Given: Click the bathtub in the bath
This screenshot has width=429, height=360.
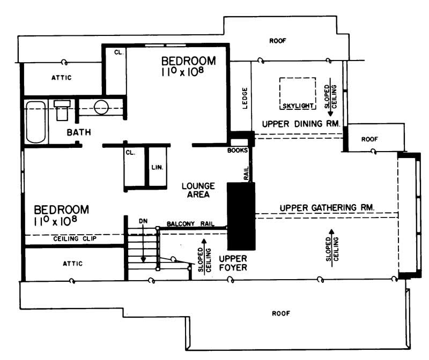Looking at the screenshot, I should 36,122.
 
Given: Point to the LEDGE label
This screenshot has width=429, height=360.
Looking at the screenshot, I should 245,99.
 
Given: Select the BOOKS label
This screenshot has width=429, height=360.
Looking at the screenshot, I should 238,151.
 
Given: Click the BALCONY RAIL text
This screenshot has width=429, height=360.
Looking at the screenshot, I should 190,223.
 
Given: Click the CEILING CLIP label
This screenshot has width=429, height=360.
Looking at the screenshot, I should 75,238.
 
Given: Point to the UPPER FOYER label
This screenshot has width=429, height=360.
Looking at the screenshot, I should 233,262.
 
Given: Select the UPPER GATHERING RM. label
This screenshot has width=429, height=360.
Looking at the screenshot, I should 327,207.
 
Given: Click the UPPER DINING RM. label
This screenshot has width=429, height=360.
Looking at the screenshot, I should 301,124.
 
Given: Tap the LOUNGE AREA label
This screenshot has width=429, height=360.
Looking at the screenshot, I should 198,190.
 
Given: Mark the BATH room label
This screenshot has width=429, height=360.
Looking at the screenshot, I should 78,132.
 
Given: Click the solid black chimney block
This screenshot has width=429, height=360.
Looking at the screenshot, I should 240,216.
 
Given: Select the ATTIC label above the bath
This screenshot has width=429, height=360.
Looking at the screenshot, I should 61,78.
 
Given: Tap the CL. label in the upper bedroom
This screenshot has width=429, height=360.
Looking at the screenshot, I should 119,52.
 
